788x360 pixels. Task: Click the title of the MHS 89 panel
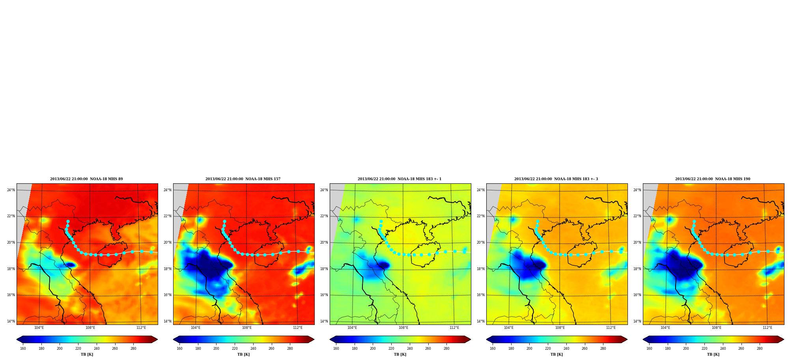pos(86,179)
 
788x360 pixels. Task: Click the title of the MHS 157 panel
pos(243,179)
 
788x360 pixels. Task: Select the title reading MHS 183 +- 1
pos(400,179)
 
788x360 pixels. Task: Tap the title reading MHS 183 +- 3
pos(556,179)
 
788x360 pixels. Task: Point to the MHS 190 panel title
pos(713,179)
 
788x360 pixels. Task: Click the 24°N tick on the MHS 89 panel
pos(11,190)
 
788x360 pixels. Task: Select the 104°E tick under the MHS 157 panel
pos(196,328)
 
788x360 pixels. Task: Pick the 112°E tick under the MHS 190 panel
pos(767,328)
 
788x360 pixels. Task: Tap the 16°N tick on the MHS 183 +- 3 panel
pos(480,295)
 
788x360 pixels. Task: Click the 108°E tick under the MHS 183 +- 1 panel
pos(403,328)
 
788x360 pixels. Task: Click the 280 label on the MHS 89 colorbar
pos(133,349)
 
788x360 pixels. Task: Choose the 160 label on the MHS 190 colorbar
pos(649,349)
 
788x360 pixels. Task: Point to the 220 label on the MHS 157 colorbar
pos(235,349)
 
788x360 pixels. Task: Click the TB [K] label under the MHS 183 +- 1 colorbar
pos(400,354)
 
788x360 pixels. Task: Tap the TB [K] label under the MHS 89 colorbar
pos(87,354)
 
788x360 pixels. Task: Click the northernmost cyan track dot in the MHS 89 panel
pos(68,221)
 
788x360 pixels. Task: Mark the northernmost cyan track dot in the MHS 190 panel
pos(694,221)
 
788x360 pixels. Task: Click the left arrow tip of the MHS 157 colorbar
pos(173,339)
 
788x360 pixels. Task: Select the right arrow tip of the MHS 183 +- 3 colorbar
pos(627,339)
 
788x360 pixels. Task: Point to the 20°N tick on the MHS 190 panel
pos(637,242)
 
